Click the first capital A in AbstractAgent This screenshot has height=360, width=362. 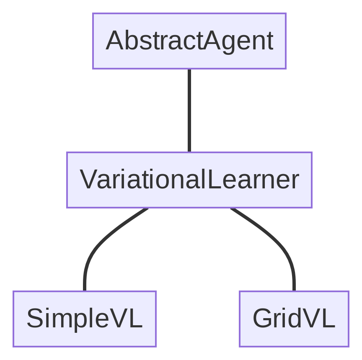[x=114, y=41]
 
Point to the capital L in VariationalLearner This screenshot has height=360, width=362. [x=213, y=180]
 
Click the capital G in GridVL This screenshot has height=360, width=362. [x=263, y=319]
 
